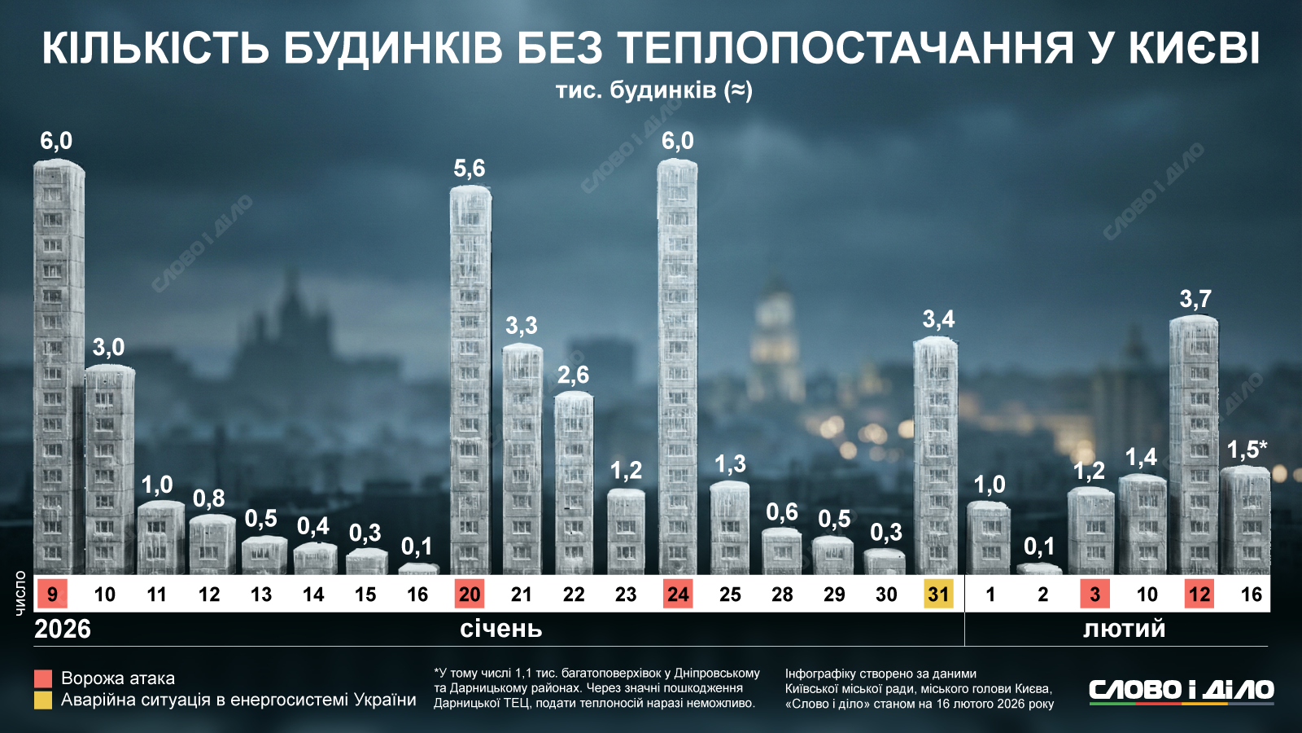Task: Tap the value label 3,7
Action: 1195,299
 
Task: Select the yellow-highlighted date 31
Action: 938,594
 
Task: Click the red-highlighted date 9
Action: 52,594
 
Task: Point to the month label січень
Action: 500,629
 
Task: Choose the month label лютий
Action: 1124,629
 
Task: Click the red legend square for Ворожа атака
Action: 43,678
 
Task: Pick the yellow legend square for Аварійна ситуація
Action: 43,700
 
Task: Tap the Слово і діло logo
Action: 1182,691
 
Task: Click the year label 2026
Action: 63,629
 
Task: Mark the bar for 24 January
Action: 677,366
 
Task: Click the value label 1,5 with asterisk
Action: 1247,450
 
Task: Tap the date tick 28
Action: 782,595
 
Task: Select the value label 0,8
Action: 209,498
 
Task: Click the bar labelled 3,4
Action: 936,456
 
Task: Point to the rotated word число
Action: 20,592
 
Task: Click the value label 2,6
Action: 573,375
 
